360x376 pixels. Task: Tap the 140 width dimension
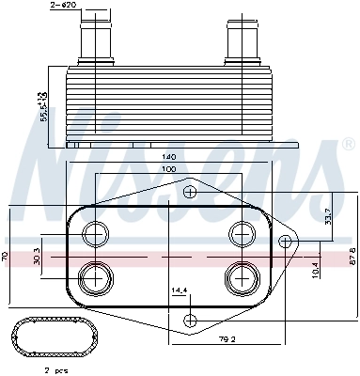click(x=169, y=156)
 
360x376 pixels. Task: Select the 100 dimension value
click(x=169, y=168)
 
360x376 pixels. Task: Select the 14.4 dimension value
click(x=179, y=290)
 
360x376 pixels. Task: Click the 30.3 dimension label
click(x=36, y=255)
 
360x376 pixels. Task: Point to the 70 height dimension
click(x=6, y=255)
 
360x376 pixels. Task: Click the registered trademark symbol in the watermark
click(x=348, y=147)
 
